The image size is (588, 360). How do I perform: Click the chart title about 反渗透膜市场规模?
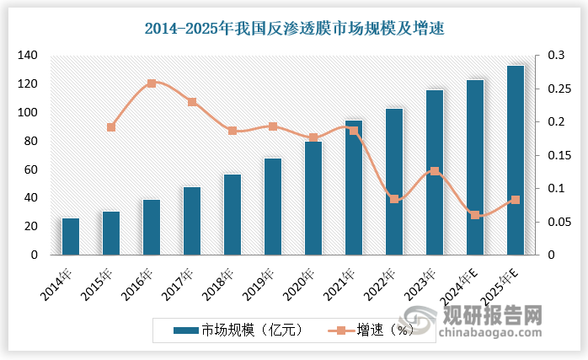coord(294,29)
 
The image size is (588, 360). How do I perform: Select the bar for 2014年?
coord(71,236)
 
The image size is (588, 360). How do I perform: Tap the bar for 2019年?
coord(273,207)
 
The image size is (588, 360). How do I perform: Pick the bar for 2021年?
coord(354,187)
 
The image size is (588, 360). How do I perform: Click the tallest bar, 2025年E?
coord(516,160)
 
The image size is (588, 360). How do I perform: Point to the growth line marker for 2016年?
coord(152,83)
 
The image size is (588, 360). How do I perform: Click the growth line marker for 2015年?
coord(111,127)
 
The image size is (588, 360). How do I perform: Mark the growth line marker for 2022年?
coord(394,199)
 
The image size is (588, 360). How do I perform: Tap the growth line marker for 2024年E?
coord(475,215)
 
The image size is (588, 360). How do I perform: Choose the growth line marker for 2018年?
coord(233,131)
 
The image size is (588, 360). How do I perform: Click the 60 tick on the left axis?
coord(30,169)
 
